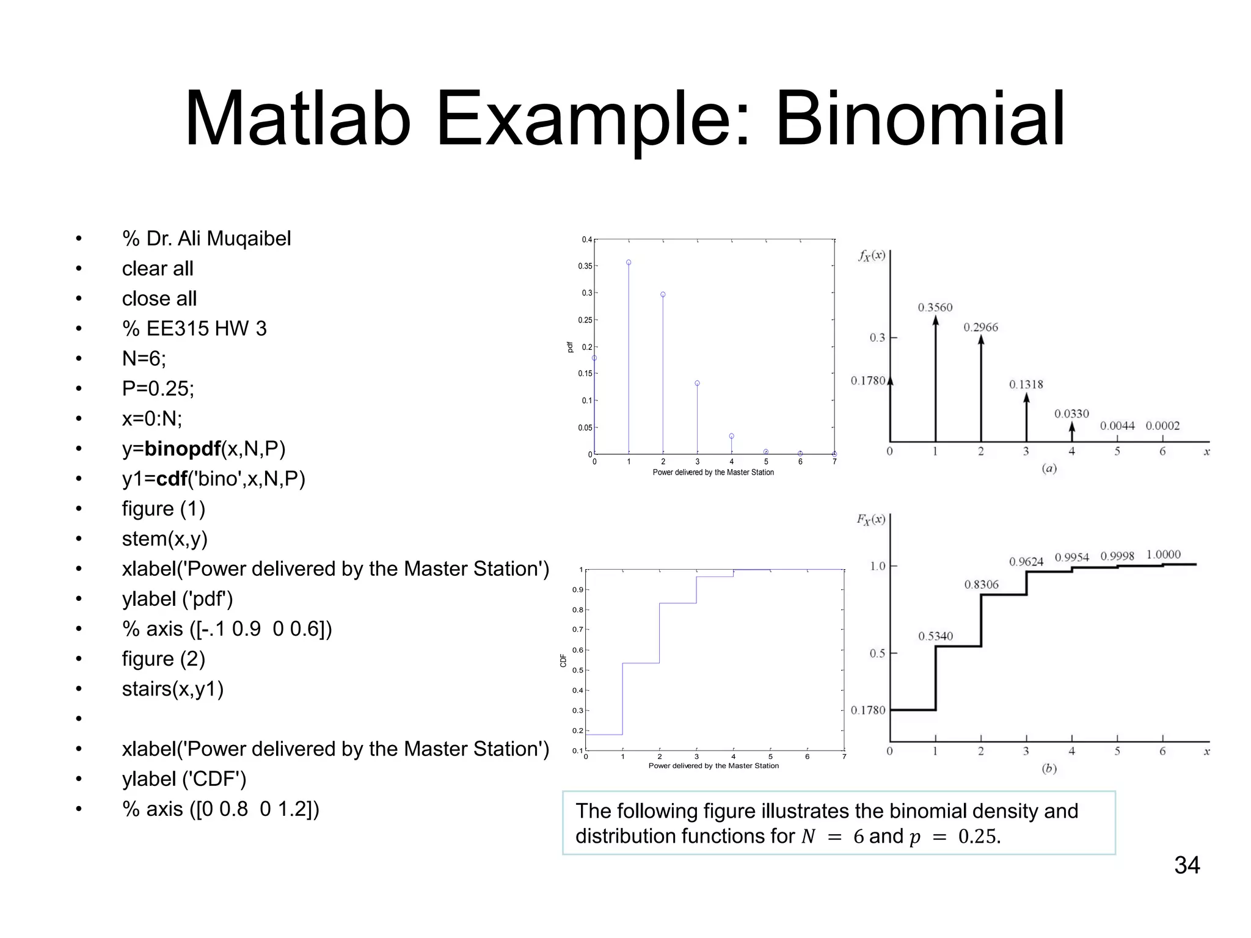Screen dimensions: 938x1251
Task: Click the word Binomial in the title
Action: click(x=920, y=119)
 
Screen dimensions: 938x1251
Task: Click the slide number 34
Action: click(x=1187, y=865)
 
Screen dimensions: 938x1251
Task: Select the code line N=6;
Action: click(x=144, y=358)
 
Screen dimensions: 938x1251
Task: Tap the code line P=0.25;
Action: click(x=158, y=388)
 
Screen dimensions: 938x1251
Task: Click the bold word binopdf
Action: click(x=183, y=449)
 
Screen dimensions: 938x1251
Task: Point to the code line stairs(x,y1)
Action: click(x=173, y=689)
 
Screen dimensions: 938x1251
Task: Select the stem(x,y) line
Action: click(x=165, y=539)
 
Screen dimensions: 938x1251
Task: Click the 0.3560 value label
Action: click(x=935, y=307)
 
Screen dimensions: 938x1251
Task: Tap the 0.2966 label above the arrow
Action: click(x=980, y=327)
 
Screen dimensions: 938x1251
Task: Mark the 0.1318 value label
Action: click(x=1026, y=384)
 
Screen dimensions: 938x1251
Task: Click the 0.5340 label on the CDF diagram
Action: click(x=935, y=636)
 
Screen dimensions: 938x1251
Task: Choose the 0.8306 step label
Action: click(x=981, y=584)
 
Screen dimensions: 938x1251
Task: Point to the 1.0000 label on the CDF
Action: click(x=1163, y=554)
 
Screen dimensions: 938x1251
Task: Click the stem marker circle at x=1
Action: click(x=629, y=263)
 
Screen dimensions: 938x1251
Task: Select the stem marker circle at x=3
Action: click(x=697, y=384)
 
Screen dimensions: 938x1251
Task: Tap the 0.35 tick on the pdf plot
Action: click(x=585, y=266)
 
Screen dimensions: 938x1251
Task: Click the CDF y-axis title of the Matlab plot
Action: click(x=563, y=660)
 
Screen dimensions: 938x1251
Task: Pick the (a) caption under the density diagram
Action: click(x=1049, y=468)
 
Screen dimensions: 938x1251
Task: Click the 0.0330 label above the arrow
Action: click(x=1071, y=413)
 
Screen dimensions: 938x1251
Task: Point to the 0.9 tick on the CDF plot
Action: click(x=577, y=590)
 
